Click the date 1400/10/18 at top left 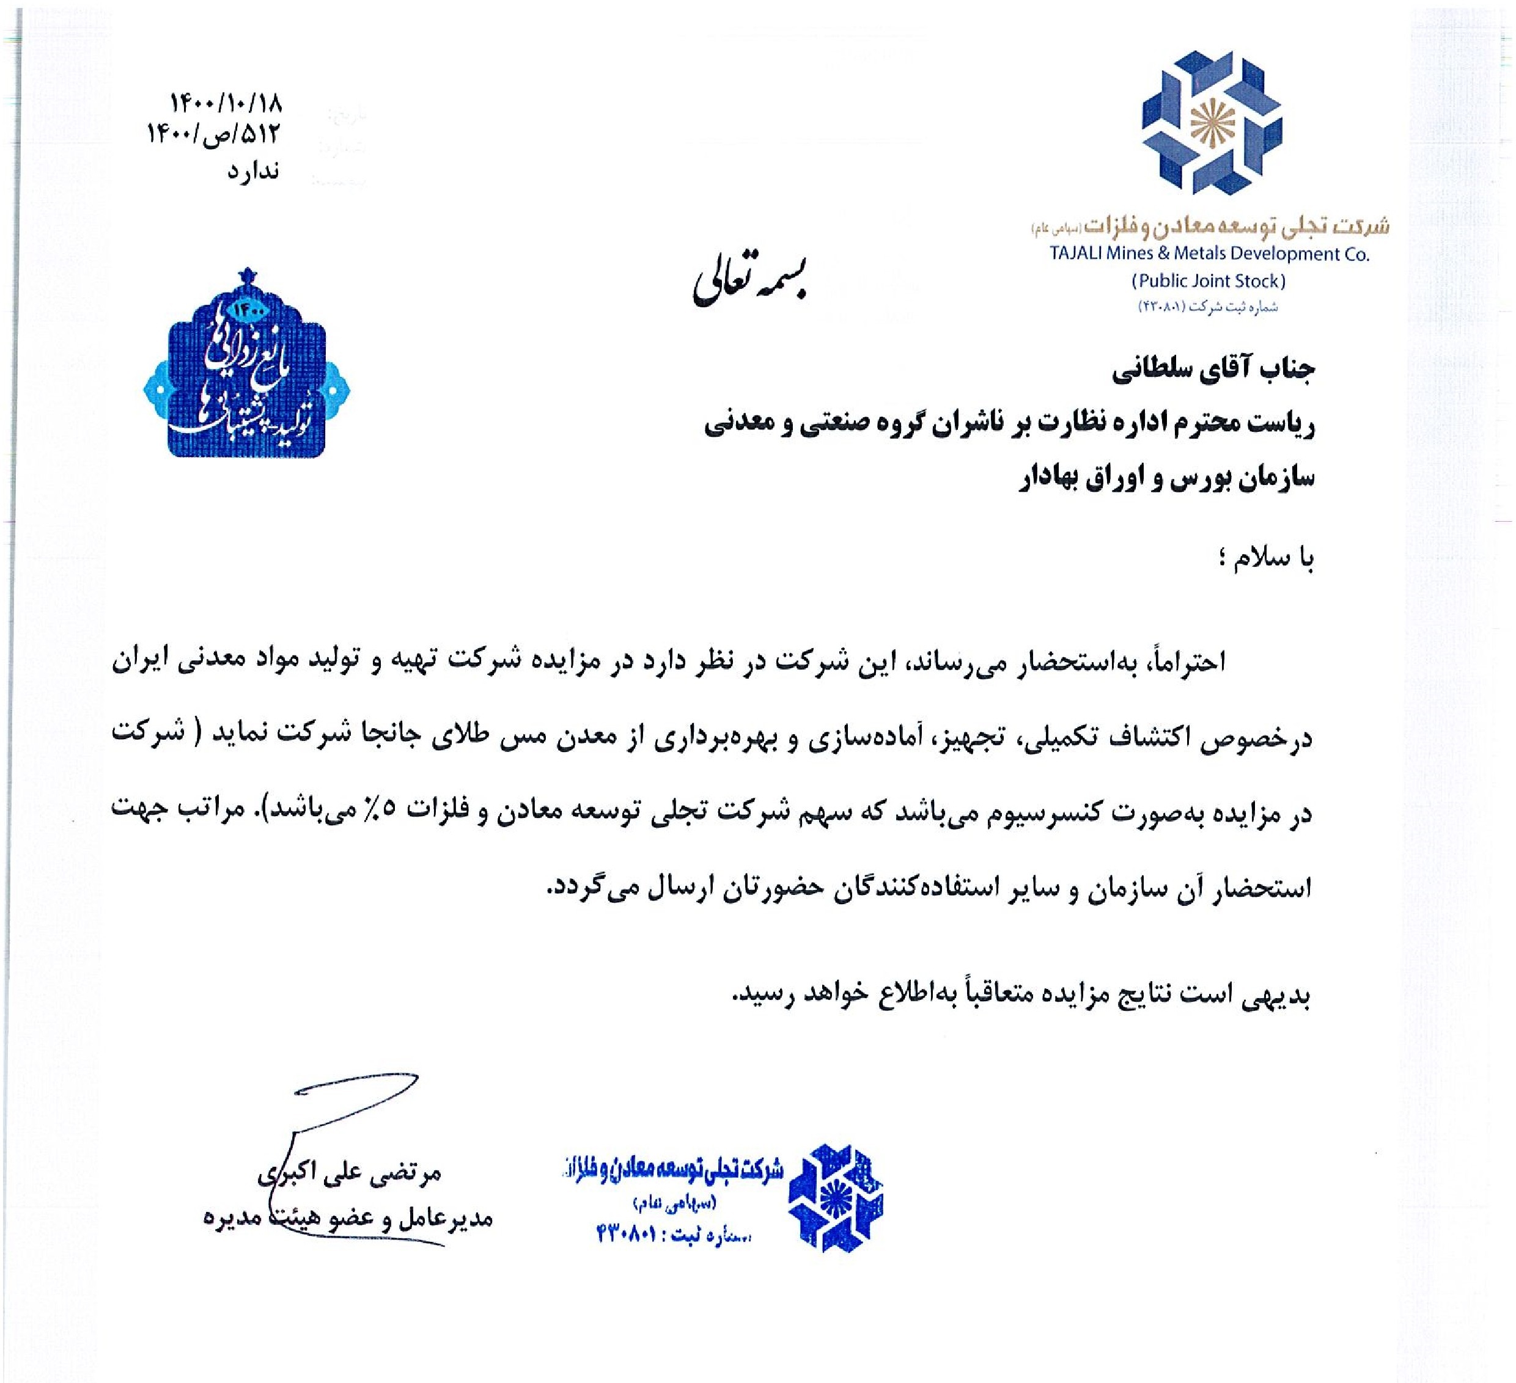[226, 102]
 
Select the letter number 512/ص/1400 [213, 135]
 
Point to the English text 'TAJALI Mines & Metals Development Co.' [1209, 254]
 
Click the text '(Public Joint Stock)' [1209, 281]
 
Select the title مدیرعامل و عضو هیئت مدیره [347, 1217]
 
